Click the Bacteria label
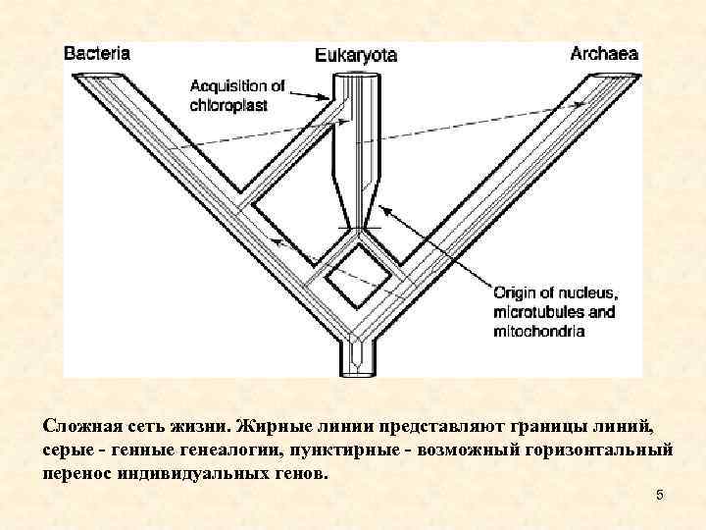pos(96,54)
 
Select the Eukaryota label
pos(356,56)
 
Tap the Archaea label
pos(604,54)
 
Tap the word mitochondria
pos(539,332)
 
